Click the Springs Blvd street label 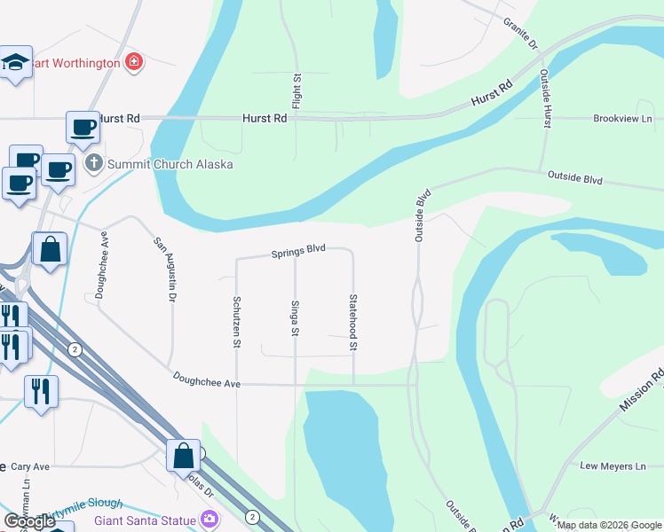tap(299, 251)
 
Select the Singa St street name tap(295, 318)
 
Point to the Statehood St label tap(353, 322)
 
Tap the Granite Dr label tap(521, 32)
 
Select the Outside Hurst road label tap(547, 98)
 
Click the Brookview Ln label tap(622, 118)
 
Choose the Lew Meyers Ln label tap(613, 466)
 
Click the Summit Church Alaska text tap(170, 164)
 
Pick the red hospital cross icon tap(134, 62)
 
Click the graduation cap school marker tap(16, 62)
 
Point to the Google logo tap(29, 521)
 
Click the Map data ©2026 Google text tap(609, 525)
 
